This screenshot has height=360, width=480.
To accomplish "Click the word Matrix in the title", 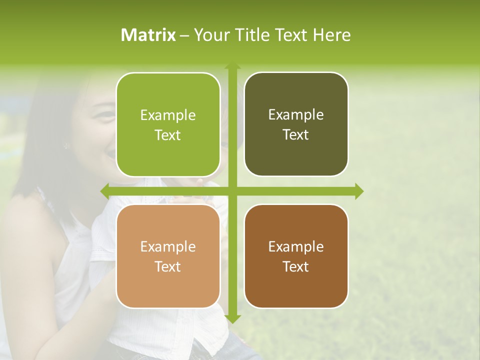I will pos(148,35).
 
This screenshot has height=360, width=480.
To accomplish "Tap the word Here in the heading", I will pos(332,35).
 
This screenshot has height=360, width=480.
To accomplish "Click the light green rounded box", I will pos(168,124).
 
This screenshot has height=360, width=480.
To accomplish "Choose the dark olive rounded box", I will pos(296,124).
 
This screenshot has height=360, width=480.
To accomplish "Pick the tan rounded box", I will pos(168,256).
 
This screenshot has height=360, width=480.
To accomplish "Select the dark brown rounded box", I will pos(296,256).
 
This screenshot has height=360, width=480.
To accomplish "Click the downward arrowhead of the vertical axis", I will pos(232,319).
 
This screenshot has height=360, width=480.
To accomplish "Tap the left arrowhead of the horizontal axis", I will pos(104,191).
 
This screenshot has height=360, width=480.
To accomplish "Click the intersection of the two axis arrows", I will pos(232,191).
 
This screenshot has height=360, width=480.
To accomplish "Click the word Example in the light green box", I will pos(168,115).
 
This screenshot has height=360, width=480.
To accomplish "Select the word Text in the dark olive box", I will pos(296,135).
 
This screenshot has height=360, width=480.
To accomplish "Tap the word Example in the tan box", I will pos(168,247).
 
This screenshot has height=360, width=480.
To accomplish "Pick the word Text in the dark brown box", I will pos(296,266).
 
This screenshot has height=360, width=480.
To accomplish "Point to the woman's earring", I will pos(65,146).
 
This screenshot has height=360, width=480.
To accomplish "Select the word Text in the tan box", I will pos(168,266).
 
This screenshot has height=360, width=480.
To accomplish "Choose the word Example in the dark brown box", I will pos(296,247).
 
